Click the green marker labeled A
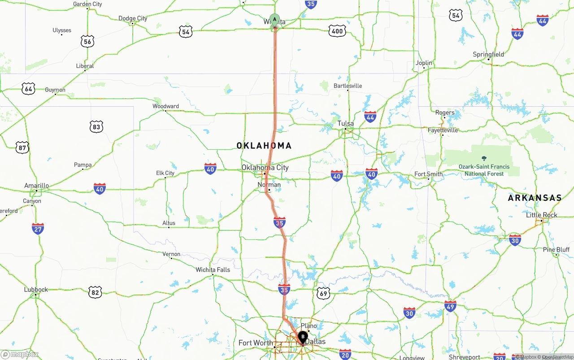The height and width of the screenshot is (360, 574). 274,20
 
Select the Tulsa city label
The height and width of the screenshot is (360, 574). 345,123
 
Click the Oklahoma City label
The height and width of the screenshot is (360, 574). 265,167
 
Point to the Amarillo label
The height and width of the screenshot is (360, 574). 37,186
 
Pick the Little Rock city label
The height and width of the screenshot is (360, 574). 542,215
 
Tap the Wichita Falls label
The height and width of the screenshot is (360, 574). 213,270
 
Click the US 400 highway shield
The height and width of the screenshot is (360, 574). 337,30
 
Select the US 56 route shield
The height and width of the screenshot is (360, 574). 87,42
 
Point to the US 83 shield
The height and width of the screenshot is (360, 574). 96,127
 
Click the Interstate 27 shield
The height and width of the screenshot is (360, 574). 38,229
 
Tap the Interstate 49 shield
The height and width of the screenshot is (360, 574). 451,306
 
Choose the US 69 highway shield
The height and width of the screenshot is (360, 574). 323,294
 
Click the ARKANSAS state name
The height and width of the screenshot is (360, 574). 535,198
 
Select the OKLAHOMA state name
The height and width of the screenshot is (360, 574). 264,145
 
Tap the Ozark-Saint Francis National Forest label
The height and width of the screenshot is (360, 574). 484,170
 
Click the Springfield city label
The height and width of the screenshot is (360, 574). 488,55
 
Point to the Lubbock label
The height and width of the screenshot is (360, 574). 36,290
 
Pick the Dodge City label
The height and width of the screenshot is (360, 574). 133,18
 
